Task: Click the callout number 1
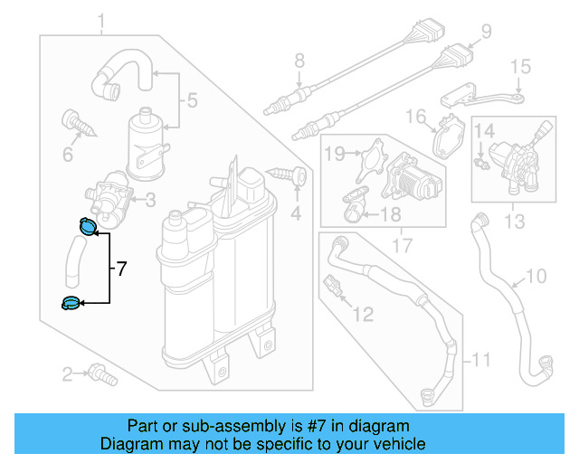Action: (100, 20)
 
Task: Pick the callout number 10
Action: (536, 277)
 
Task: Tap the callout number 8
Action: (299, 62)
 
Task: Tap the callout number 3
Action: (151, 199)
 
